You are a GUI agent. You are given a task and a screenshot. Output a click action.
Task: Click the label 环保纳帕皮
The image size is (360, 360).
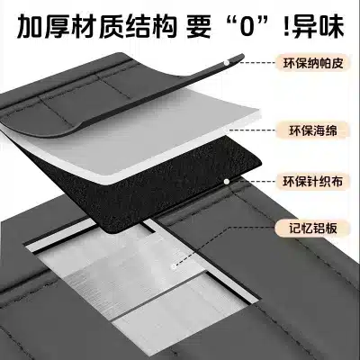(313, 63)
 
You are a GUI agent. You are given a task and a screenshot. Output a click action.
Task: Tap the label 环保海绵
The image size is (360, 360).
(313, 130)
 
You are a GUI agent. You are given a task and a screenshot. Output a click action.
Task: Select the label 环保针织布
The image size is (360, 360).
(313, 181)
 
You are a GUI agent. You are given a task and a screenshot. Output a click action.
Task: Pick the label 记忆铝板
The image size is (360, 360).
(313, 229)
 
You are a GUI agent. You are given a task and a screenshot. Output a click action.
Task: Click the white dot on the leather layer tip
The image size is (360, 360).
(227, 62)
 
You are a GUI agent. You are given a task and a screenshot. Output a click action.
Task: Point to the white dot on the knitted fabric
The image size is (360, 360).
(227, 181)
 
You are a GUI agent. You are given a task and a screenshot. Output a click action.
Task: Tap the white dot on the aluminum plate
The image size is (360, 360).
(173, 266)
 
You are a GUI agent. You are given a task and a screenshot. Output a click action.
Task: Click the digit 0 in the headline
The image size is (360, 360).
(248, 27)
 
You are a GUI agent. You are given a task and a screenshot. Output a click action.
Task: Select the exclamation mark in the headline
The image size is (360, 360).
(285, 27)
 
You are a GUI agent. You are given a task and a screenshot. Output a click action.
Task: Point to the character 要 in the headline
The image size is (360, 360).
(200, 27)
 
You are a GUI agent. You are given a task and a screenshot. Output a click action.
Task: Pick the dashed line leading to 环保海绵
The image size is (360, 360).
(253, 130)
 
